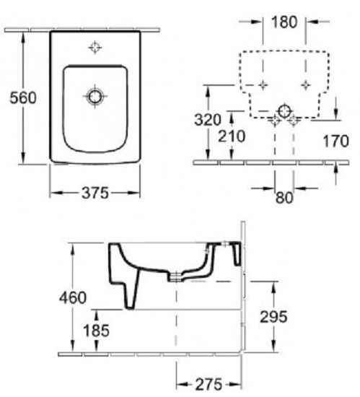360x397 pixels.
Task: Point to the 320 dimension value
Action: (x=207, y=121)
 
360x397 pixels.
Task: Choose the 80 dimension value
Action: (x=284, y=197)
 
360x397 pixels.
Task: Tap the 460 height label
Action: (x=74, y=297)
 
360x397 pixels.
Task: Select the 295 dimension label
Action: (x=273, y=315)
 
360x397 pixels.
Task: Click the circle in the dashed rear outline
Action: (x=284, y=110)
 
